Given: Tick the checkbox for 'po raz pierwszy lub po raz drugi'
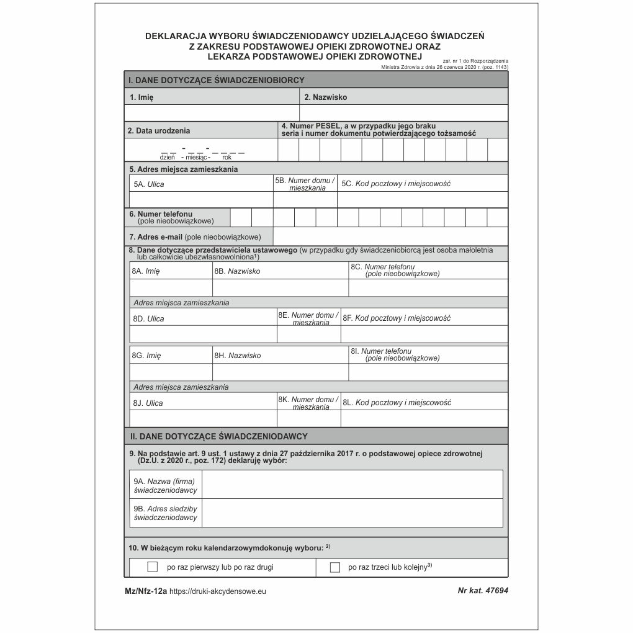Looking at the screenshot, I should [x=153, y=567].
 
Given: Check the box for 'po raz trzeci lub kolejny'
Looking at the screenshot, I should [x=335, y=567].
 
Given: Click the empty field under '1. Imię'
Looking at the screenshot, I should [x=212, y=113].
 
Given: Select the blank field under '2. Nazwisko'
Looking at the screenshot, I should [x=403, y=113].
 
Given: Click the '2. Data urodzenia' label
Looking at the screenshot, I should [x=159, y=130].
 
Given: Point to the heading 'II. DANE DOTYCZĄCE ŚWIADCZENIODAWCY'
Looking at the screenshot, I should [x=218, y=436].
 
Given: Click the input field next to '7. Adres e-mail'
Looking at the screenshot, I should [x=390, y=236].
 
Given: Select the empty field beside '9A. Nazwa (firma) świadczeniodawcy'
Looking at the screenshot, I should [x=352, y=484].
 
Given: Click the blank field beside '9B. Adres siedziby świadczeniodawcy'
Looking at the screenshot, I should [x=352, y=513].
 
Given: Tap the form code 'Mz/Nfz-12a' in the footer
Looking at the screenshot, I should [x=146, y=592].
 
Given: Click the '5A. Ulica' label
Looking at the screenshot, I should [x=149, y=184].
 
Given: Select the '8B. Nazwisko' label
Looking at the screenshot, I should [x=237, y=271].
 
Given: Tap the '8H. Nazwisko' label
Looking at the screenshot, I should [x=237, y=356].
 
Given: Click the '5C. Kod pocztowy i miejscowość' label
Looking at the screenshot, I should [x=396, y=184].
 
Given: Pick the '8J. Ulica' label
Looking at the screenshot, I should [x=148, y=403].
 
